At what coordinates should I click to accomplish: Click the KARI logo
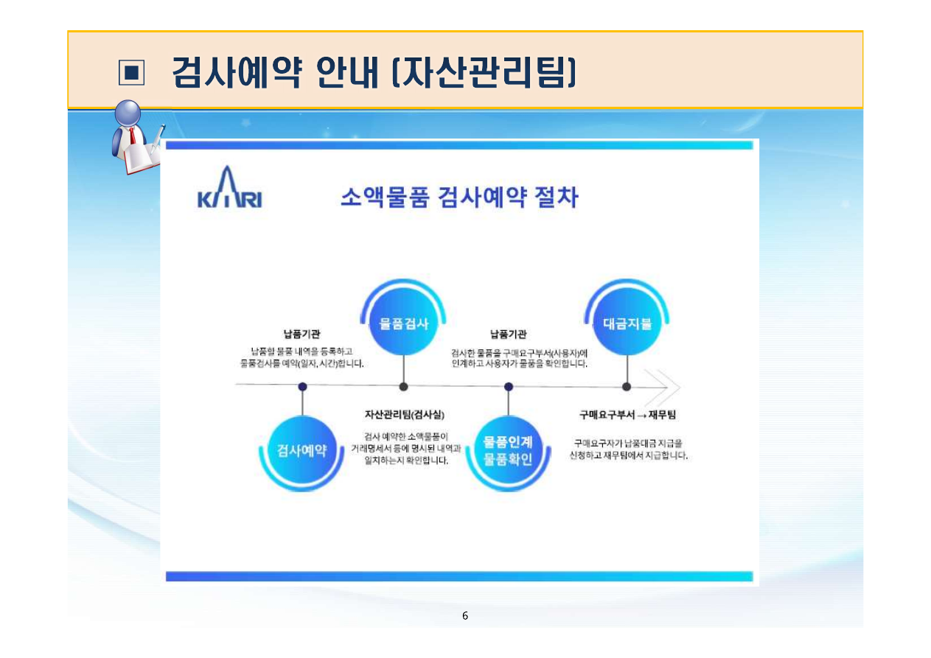pyautogui.click(x=229, y=191)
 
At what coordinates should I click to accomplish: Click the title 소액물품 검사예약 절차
pyautogui.click(x=458, y=197)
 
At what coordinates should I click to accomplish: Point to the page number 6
pyautogui.click(x=464, y=616)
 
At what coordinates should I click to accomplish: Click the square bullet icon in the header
pyautogui.click(x=131, y=72)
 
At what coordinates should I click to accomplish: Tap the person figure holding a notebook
pyautogui.click(x=137, y=138)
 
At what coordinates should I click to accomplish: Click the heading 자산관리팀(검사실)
pyautogui.click(x=404, y=415)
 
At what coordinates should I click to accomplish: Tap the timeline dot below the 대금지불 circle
pyautogui.click(x=627, y=386)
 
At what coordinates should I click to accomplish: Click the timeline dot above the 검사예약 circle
pyautogui.click(x=302, y=386)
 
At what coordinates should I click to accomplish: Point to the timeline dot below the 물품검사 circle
pyautogui.click(x=403, y=386)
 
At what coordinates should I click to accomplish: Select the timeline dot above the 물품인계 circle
pyautogui.click(x=509, y=386)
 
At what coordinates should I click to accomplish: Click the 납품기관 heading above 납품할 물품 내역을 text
pyautogui.click(x=302, y=335)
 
